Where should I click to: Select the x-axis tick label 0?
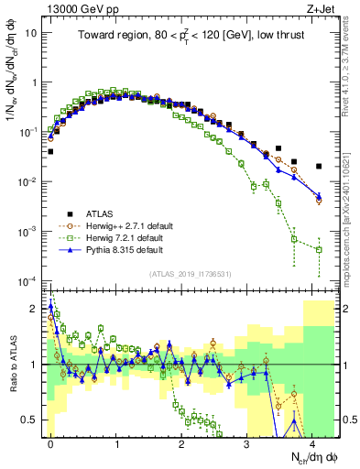51,442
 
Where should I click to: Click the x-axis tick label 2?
181,442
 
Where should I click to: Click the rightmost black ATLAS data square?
318,167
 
